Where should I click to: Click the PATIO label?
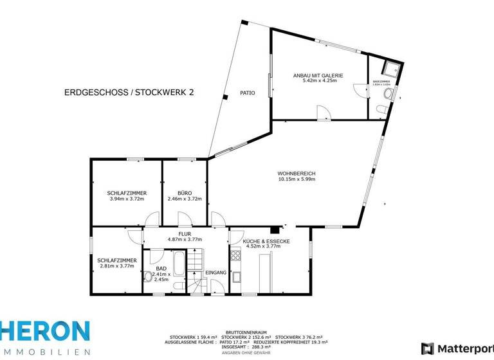tap(248, 93)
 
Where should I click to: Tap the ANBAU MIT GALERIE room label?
tap(318, 75)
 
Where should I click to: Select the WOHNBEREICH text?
tap(297, 174)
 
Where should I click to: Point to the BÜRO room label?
tap(185, 193)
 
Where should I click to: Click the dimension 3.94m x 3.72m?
tap(126, 199)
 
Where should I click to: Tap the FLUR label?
tap(185, 234)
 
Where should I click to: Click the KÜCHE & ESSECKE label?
tap(266, 240)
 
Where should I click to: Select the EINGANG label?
tap(215, 273)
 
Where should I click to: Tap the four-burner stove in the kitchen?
tap(236, 255)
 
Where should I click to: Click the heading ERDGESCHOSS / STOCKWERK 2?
tap(129, 93)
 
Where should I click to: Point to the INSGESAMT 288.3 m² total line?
tap(248, 346)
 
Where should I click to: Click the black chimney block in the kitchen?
tap(274, 229)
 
